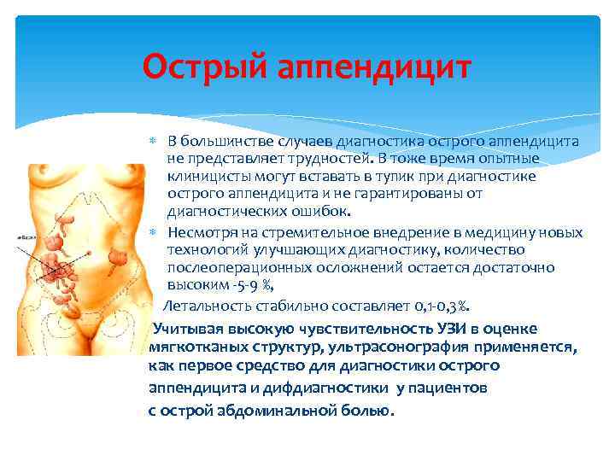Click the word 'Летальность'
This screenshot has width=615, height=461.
(x=202, y=306)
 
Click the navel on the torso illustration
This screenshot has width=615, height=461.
(x=85, y=248)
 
